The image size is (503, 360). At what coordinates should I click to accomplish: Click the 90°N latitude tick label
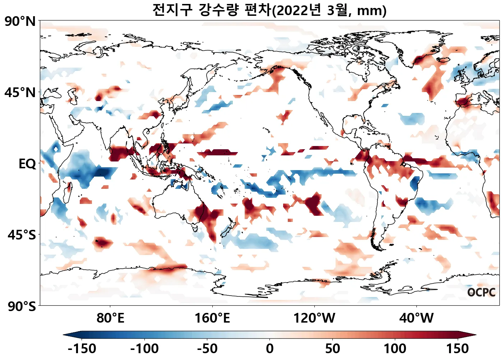(x=20, y=22)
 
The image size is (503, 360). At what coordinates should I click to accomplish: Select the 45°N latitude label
(x=20, y=92)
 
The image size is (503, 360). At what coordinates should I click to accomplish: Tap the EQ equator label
(x=27, y=164)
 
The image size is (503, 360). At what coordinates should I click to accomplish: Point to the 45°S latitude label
(x=22, y=235)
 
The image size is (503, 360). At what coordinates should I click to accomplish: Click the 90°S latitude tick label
(x=22, y=306)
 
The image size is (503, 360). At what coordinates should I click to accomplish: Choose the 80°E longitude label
(x=110, y=318)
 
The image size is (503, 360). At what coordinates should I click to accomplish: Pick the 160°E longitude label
(x=212, y=318)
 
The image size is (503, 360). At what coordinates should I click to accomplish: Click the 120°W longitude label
(x=314, y=318)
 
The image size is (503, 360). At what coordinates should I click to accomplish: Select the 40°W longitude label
(x=416, y=318)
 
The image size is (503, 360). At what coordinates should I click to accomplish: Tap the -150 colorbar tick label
(x=82, y=349)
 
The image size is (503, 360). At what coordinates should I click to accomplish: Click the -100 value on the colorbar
(x=144, y=349)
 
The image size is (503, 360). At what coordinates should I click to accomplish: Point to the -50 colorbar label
(x=207, y=349)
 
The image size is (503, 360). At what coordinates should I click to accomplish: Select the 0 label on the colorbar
(x=270, y=349)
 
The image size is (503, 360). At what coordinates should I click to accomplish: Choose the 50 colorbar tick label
(x=332, y=349)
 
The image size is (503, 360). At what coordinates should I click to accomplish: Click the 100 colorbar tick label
(x=395, y=349)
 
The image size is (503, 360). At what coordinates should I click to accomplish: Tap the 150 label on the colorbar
(x=458, y=349)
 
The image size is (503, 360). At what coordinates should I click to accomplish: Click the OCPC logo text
(x=481, y=292)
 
